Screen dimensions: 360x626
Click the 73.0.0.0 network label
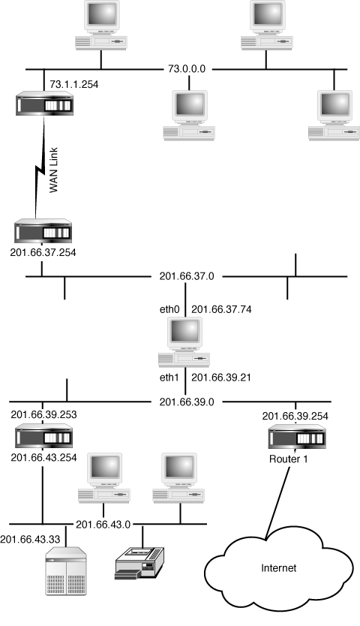(187, 68)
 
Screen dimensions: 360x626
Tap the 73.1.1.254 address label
(73, 84)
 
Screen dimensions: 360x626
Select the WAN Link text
(53, 170)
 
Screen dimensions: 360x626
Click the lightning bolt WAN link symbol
(40, 167)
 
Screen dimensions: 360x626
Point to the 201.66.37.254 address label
(43, 252)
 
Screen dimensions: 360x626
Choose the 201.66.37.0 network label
(187, 276)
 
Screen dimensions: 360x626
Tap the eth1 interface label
(169, 378)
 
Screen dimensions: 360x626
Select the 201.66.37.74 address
(221, 309)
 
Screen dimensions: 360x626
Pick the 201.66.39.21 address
(221, 378)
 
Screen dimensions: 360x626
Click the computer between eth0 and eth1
(184, 342)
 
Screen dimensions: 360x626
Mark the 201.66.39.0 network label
(187, 402)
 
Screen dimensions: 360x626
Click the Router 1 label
(289, 459)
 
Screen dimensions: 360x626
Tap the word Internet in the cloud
(278, 567)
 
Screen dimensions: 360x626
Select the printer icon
(139, 562)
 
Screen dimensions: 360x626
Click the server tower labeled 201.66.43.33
(66, 571)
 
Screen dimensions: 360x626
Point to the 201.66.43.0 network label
(103, 524)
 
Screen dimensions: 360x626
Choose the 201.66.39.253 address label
(44, 414)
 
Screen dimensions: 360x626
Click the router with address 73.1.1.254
(45, 104)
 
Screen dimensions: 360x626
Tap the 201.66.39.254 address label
(295, 416)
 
